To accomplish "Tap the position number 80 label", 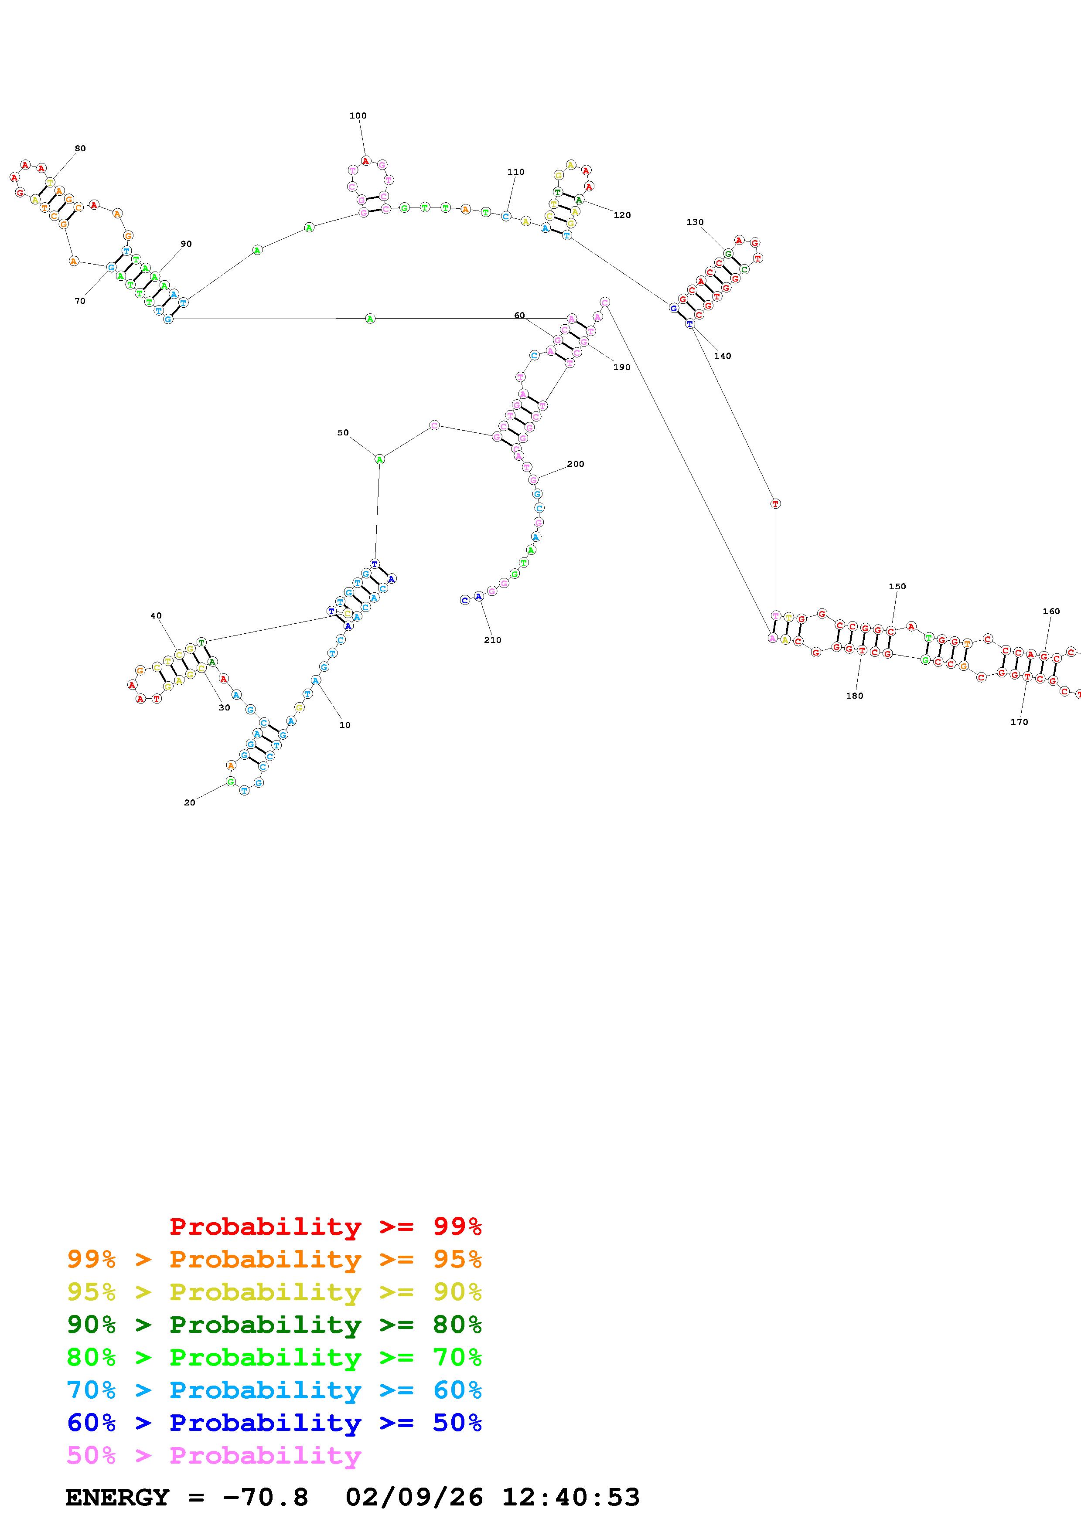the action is (x=80, y=149).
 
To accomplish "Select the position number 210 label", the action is (x=492, y=640).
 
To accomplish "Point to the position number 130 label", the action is (x=695, y=222).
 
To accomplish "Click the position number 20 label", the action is (x=190, y=802).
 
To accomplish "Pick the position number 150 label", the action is (x=897, y=587).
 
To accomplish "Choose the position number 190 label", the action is (x=621, y=367).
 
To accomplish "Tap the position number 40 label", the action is (x=156, y=616).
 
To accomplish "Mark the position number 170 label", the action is (x=1019, y=722).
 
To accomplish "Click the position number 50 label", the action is (x=343, y=433).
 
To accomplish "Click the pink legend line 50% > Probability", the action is (x=214, y=1456).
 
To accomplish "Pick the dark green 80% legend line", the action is (x=274, y=1325).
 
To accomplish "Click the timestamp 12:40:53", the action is (x=571, y=1498).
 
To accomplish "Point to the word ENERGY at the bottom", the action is (x=117, y=1498).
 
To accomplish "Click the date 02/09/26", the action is (x=414, y=1498).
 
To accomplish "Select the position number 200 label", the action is (x=576, y=464).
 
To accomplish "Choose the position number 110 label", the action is (x=515, y=172).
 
